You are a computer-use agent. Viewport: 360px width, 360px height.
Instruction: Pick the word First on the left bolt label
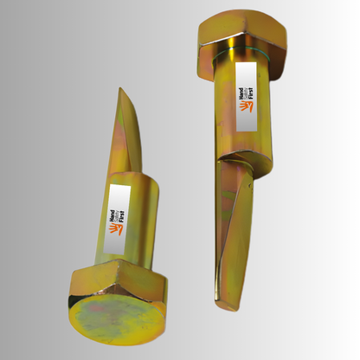point(123,217)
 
